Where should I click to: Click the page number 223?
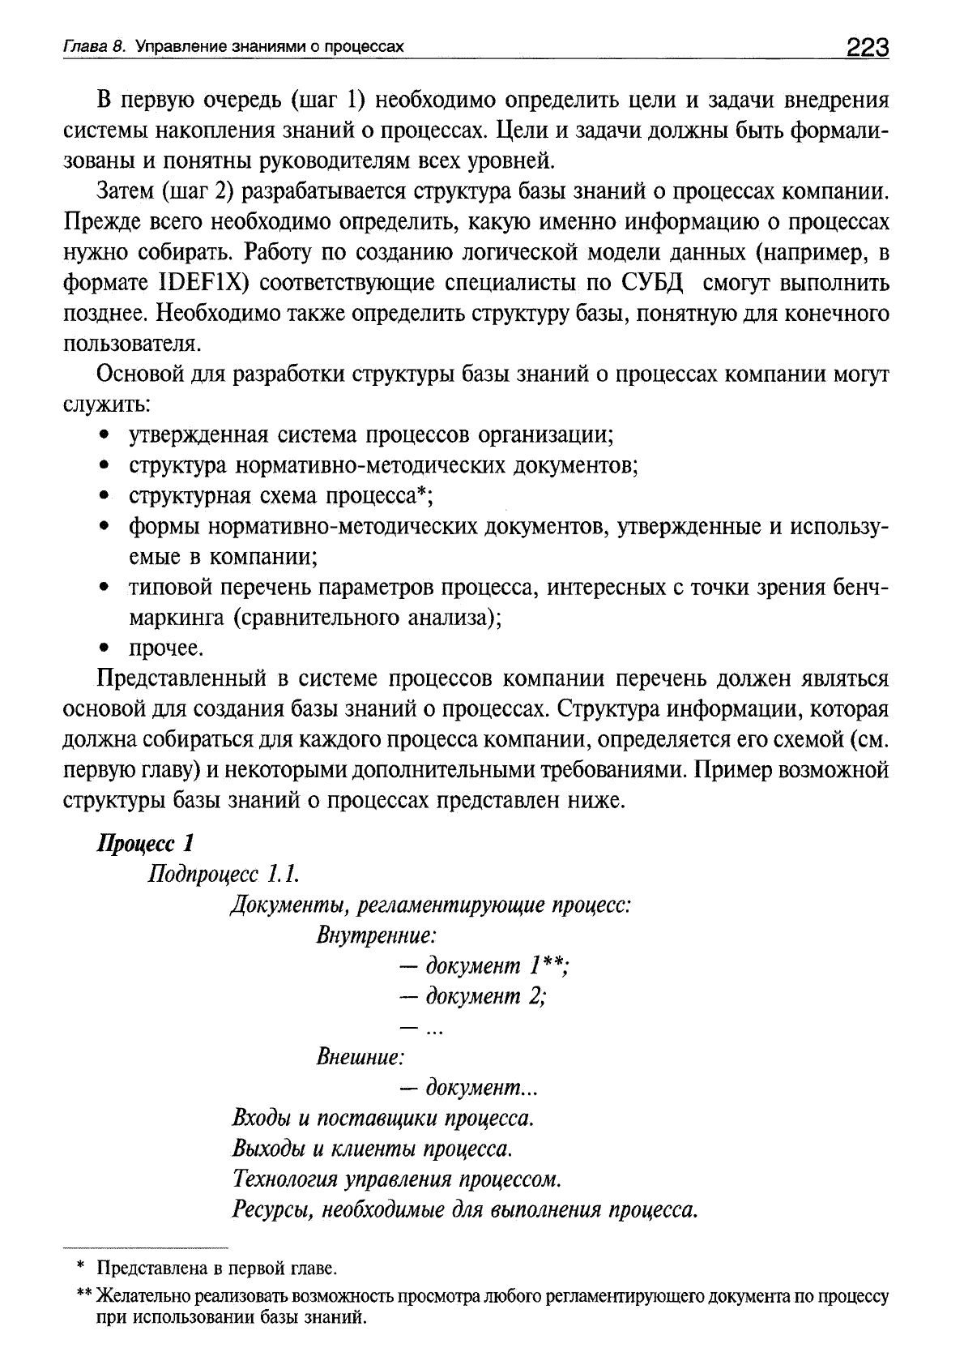tap(868, 48)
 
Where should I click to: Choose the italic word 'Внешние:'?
tap(360, 1057)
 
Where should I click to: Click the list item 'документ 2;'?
tap(474, 996)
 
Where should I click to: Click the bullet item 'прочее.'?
tap(166, 648)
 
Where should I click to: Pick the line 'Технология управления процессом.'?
tap(397, 1179)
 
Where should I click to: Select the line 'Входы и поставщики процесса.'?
tap(383, 1119)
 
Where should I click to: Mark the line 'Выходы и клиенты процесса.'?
tap(373, 1149)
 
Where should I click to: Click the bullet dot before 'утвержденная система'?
tap(104, 435)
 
